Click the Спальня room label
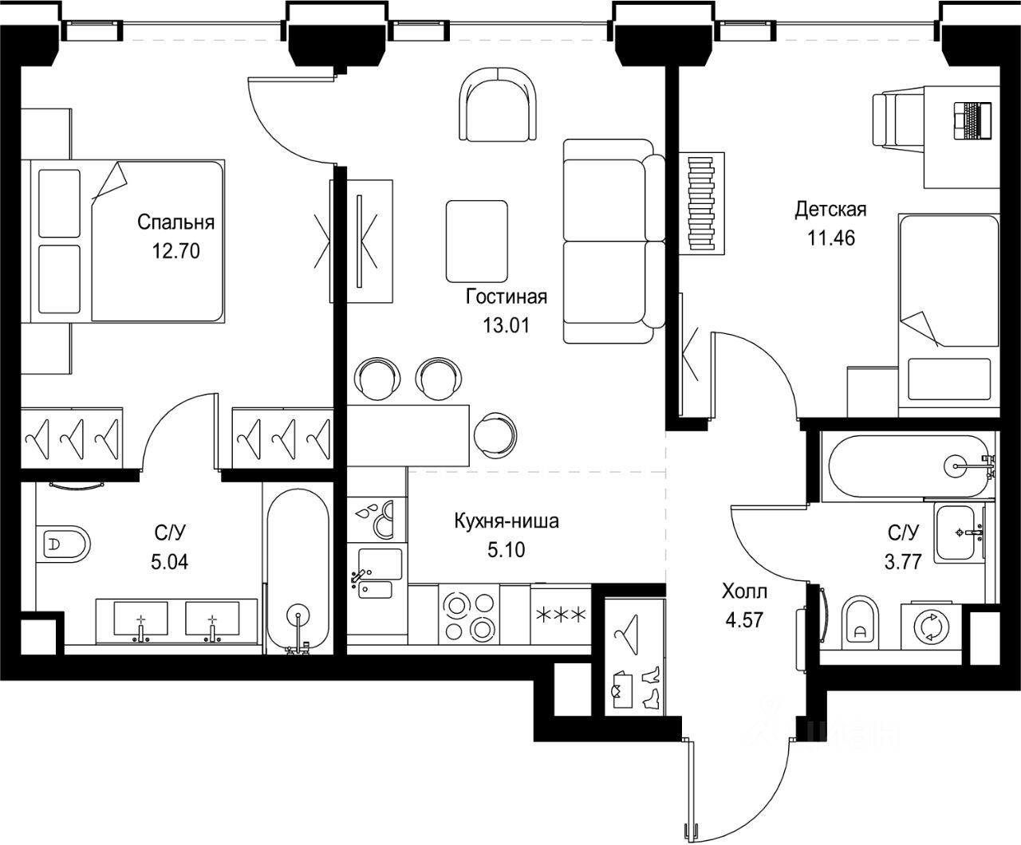pos(175,222)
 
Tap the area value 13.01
pos(506,325)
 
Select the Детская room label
pos(830,209)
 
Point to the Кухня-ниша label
pos(507,521)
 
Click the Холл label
pos(744,591)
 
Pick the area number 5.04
pos(169,562)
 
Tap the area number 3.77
pos(903,561)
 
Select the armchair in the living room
pos(498,104)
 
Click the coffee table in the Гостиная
pos(477,241)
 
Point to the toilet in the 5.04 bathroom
pos(64,544)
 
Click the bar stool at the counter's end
pos(495,434)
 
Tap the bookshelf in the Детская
pos(701,203)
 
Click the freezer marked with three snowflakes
pos(561,615)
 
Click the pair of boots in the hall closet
pos(650,688)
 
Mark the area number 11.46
pos(831,238)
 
